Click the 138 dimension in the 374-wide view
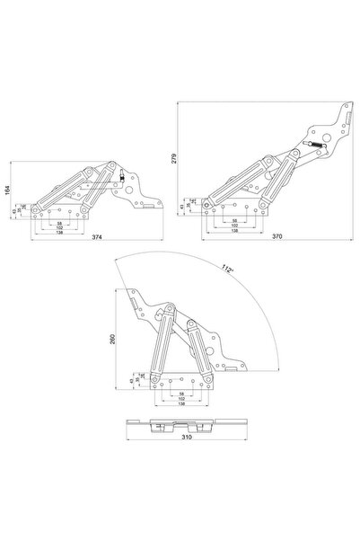[59, 233]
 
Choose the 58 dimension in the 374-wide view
[59, 223]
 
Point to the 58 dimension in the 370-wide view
[235, 221]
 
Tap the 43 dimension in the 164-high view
[15, 212]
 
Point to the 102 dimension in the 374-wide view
[59, 227]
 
